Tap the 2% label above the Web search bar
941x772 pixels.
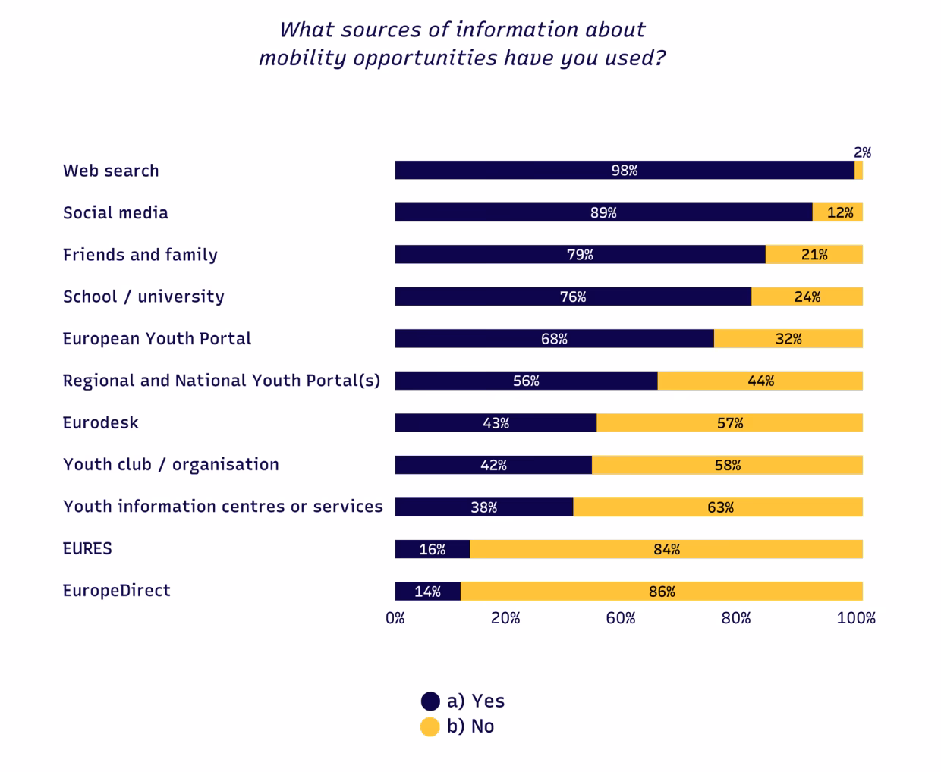coord(862,152)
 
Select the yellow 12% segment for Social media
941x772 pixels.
coord(839,212)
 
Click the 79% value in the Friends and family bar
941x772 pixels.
coord(580,255)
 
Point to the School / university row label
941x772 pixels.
coord(143,297)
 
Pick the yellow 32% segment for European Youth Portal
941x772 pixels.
coord(788,339)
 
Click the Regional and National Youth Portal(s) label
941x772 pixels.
coord(221,381)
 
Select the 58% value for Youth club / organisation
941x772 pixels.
coord(727,465)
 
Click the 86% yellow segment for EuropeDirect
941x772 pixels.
coord(661,592)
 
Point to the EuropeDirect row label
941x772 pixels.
coord(116,591)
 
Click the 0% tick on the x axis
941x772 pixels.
coord(395,618)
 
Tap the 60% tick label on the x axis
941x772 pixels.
coord(620,618)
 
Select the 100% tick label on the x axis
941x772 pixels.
coord(855,618)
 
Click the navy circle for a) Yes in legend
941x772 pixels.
coord(430,701)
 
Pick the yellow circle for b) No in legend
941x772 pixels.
coord(430,726)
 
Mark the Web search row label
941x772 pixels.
coord(111,171)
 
